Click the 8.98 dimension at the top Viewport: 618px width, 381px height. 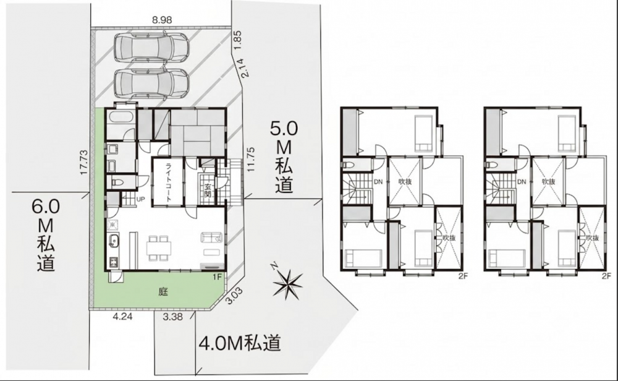[x=161, y=20]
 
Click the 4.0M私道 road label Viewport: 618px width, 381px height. [x=240, y=343]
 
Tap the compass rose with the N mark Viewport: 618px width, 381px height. [x=289, y=282]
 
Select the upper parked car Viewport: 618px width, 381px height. [x=152, y=48]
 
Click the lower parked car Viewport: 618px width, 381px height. [x=152, y=83]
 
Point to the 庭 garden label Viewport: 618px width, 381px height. [x=163, y=292]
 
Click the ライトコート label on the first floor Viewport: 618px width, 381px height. [x=168, y=182]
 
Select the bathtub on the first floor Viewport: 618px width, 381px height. [x=121, y=118]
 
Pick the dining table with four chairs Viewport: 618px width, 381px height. [x=159, y=248]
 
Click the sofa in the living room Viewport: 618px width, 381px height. [x=211, y=238]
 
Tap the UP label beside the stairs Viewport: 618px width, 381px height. [x=140, y=200]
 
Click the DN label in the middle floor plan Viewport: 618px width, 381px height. [x=378, y=182]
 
